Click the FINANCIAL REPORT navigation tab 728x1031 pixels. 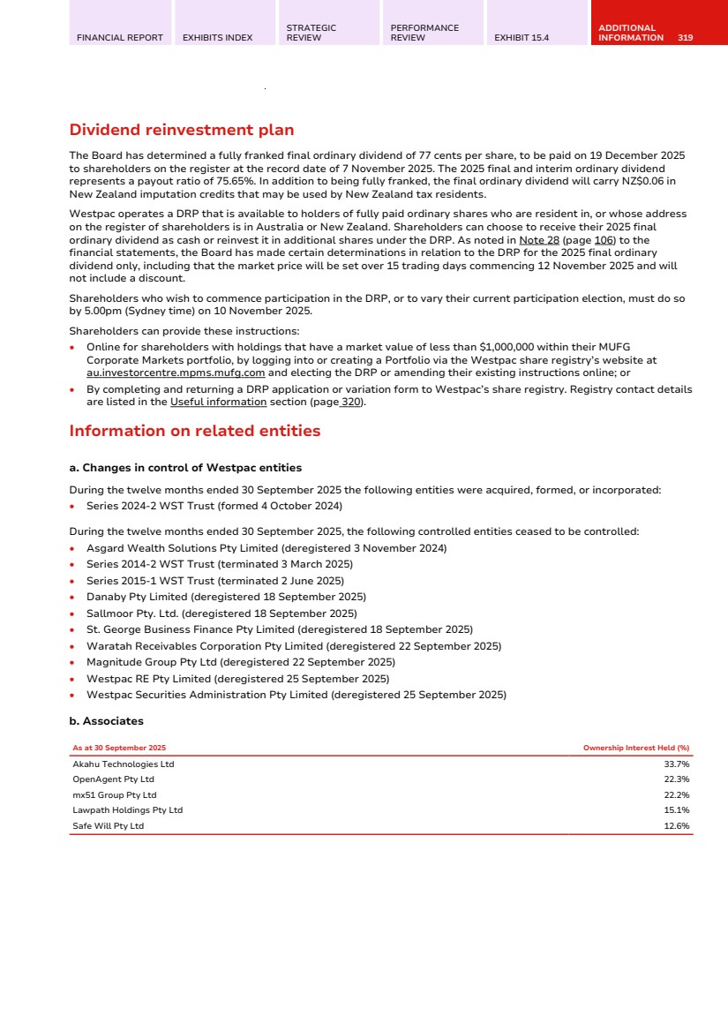[120, 38]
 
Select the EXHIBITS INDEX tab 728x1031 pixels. [217, 38]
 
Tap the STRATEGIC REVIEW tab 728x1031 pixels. [311, 33]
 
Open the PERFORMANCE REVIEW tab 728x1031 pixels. [424, 33]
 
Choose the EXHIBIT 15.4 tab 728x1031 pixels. [522, 38]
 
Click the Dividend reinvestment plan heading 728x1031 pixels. [181, 131]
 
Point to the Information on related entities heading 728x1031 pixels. [194, 432]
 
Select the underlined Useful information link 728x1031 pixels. [218, 403]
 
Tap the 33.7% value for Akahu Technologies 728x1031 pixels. [676, 764]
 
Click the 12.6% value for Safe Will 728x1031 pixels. [676, 826]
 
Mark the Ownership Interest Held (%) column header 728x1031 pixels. [635, 749]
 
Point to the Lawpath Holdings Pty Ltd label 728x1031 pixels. [127, 810]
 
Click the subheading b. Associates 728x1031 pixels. [106, 721]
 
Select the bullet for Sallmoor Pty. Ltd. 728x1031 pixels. [71, 613]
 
